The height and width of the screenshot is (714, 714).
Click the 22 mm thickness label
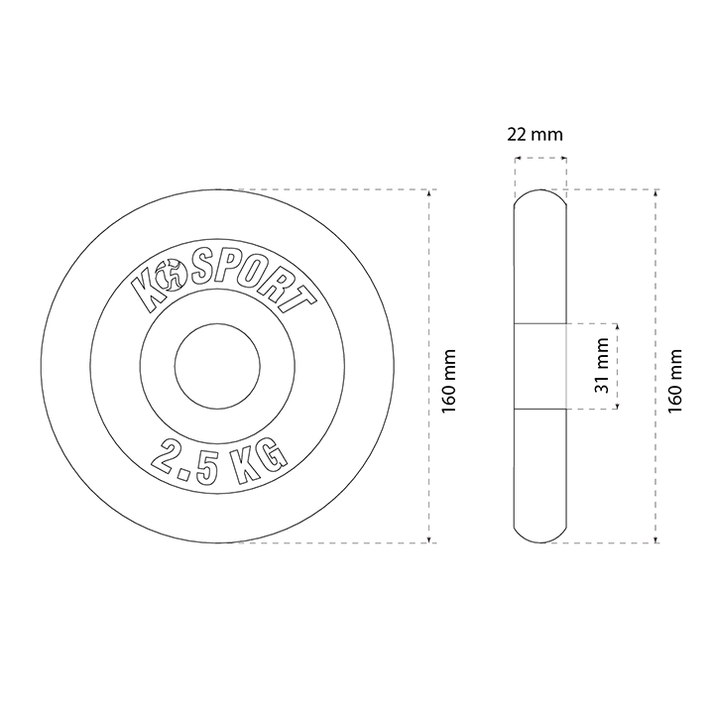(535, 135)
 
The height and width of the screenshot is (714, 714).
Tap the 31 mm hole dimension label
(602, 366)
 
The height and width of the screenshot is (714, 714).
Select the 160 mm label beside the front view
(449, 382)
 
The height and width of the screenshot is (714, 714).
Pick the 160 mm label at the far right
(675, 382)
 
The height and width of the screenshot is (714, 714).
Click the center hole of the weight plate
(217, 366)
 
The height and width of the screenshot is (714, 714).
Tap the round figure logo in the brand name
(171, 275)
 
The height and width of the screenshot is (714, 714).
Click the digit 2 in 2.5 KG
(168, 457)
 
